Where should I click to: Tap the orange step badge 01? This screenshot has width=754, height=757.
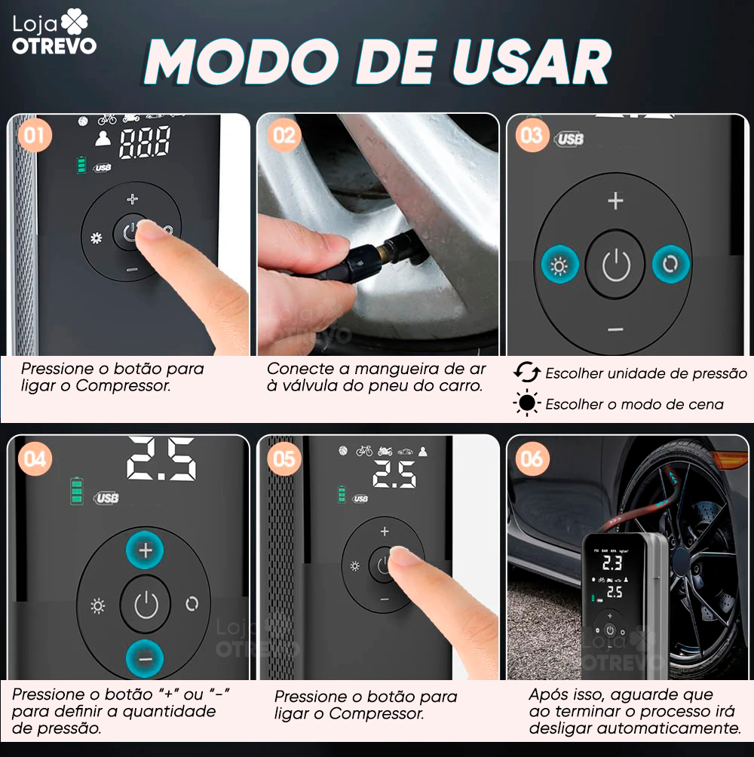[34, 136]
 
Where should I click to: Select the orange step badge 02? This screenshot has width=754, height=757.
[284, 136]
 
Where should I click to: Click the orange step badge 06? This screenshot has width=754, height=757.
[532, 458]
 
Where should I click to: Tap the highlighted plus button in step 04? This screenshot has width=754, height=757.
[146, 551]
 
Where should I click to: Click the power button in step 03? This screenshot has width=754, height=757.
[616, 265]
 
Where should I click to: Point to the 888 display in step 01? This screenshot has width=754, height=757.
[144, 142]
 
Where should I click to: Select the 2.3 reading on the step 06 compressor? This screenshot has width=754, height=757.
[611, 562]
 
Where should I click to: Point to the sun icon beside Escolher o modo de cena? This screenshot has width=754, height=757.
[527, 404]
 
